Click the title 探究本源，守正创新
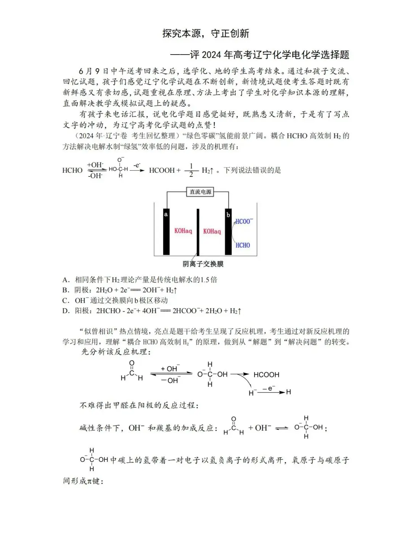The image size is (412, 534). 206,34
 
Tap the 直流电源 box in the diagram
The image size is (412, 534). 200,192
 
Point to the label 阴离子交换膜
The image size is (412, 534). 203,264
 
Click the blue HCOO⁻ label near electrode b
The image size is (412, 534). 244,221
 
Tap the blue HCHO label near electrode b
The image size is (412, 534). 243,245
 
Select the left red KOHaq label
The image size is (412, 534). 183,231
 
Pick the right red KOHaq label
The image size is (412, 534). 212,231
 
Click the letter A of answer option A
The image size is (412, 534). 66,280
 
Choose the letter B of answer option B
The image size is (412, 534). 66,290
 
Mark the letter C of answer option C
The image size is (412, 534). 66,300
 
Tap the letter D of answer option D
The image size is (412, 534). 66,311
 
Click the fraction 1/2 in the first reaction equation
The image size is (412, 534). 191,170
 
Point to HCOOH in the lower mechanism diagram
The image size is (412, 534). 266,375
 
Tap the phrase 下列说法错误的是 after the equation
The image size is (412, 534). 252,170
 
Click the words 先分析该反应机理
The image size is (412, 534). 116,352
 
